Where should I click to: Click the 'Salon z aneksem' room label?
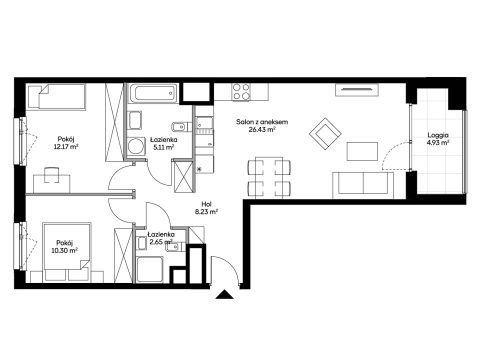(262, 122)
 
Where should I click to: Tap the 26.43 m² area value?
(262, 130)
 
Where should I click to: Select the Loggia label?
(438, 136)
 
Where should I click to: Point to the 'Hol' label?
(206, 204)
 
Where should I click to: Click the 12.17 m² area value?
(66, 146)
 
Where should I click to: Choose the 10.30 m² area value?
(65, 250)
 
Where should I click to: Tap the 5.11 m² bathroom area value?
(163, 147)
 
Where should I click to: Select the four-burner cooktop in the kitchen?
(241, 91)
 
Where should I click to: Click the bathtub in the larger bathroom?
(152, 93)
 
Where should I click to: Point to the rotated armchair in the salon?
(325, 134)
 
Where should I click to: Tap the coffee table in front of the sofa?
(362, 151)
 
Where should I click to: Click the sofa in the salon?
(363, 185)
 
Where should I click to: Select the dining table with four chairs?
(270, 177)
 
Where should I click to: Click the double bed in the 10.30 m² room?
(66, 253)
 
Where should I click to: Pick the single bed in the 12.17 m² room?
(56, 97)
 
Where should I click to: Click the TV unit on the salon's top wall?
(357, 89)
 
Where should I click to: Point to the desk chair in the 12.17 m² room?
(51, 175)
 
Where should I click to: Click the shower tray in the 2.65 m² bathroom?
(150, 269)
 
